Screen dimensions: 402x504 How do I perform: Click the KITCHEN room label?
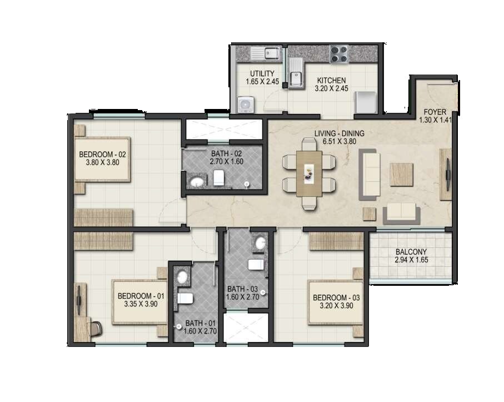coord(331,80)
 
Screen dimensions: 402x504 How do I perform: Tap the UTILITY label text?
coord(261,73)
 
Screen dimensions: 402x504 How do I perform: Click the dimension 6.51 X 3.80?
coord(339,141)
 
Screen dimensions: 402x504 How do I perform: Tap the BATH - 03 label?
coord(242,289)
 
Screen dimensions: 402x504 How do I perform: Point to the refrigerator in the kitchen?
coord(366,101)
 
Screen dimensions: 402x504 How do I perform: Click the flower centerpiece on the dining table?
coord(309,173)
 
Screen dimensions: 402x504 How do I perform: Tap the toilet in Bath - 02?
coord(218,178)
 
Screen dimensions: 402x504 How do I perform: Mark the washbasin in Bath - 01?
coord(181,275)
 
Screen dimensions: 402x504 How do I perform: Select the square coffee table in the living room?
coord(401,174)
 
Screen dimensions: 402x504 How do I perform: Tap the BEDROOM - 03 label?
coord(336,297)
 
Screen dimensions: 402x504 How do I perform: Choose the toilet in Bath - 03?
coord(256,264)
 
